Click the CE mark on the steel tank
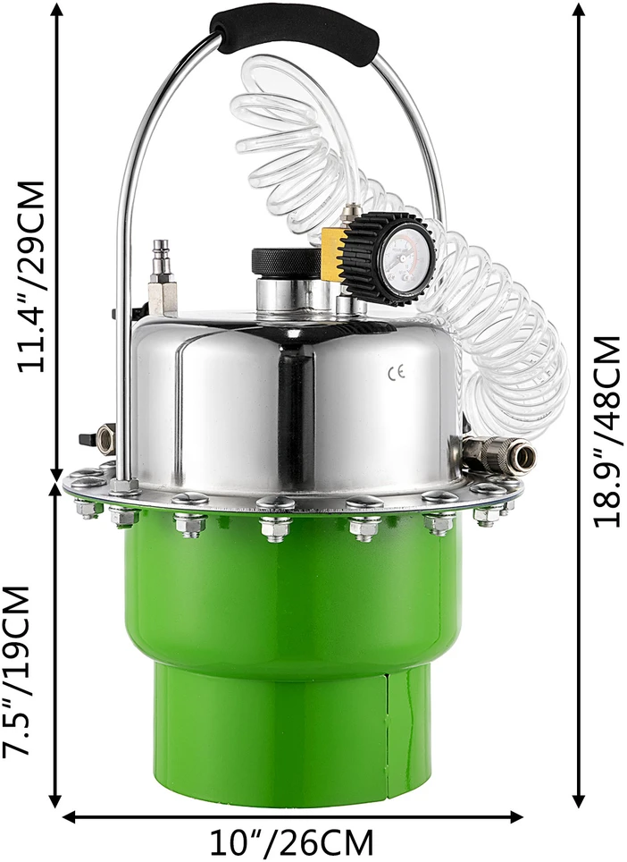(x=397, y=374)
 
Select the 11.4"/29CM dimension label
(x=30, y=276)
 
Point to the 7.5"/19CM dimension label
(x=16, y=672)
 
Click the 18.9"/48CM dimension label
(x=607, y=432)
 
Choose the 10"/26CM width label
(x=291, y=841)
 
